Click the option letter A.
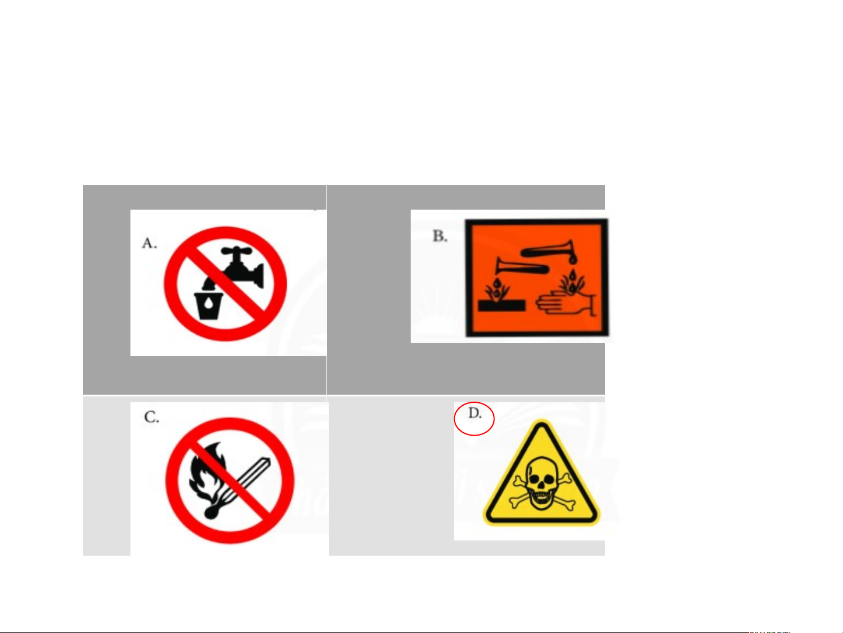[149, 243]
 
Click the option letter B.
[440, 236]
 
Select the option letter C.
[152, 417]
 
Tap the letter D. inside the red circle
[474, 413]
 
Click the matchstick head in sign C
[211, 512]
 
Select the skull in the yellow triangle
[541, 484]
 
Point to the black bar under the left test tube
[501, 306]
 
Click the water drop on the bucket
[208, 303]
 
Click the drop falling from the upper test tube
[573, 260]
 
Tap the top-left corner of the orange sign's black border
[466, 220]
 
